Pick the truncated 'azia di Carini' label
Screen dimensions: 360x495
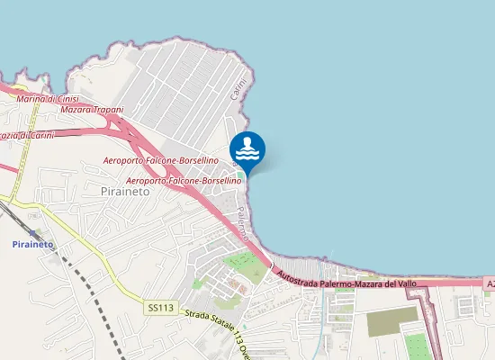pos(27,135)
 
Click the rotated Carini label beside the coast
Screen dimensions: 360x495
pos(238,89)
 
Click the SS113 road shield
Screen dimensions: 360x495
pos(159,308)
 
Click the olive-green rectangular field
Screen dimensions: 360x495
pos(392,320)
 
